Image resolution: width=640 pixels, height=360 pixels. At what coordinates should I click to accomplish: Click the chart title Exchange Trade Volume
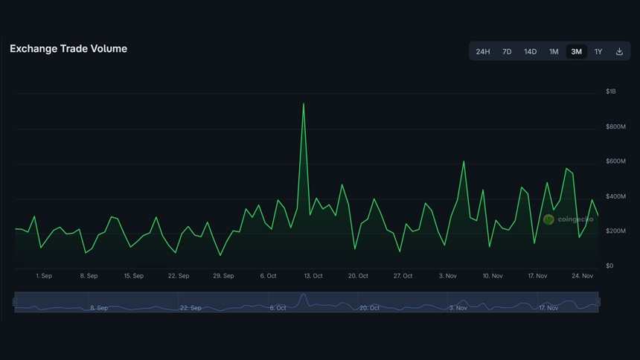click(x=68, y=48)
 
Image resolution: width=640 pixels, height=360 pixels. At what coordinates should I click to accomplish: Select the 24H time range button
click(x=483, y=51)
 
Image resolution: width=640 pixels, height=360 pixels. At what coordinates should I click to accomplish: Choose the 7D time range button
click(x=507, y=51)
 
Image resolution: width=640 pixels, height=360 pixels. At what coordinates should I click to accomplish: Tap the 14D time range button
click(x=530, y=51)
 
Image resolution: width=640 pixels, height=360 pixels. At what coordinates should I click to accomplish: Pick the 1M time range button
click(x=554, y=51)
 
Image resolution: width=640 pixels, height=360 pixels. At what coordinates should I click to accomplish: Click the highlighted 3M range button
click(x=577, y=51)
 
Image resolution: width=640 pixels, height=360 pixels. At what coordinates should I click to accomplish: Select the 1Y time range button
click(x=598, y=51)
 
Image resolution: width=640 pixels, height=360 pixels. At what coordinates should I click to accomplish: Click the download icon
click(x=619, y=51)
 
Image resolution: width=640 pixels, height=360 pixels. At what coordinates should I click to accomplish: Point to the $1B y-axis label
click(x=611, y=91)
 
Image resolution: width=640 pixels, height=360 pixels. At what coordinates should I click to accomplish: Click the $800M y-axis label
click(x=615, y=126)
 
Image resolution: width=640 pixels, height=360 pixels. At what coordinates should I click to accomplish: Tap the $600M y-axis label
click(x=615, y=161)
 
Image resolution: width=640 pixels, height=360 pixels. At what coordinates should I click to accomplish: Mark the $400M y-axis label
click(x=615, y=196)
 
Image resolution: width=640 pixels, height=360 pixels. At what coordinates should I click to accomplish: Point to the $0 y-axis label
click(x=609, y=266)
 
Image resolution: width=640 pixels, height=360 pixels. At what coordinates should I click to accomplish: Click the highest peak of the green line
click(x=304, y=104)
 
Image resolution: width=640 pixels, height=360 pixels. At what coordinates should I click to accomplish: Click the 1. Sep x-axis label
click(x=44, y=276)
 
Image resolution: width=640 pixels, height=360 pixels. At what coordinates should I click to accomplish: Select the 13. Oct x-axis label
click(x=313, y=276)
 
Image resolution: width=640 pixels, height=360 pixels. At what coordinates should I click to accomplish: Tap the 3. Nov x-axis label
click(x=448, y=276)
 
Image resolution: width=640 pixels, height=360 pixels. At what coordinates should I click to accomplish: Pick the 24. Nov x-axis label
click(x=582, y=276)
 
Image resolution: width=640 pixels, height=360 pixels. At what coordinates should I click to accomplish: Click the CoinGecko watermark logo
click(x=569, y=219)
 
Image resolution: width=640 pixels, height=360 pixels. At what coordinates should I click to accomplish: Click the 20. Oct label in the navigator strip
click(x=369, y=307)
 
